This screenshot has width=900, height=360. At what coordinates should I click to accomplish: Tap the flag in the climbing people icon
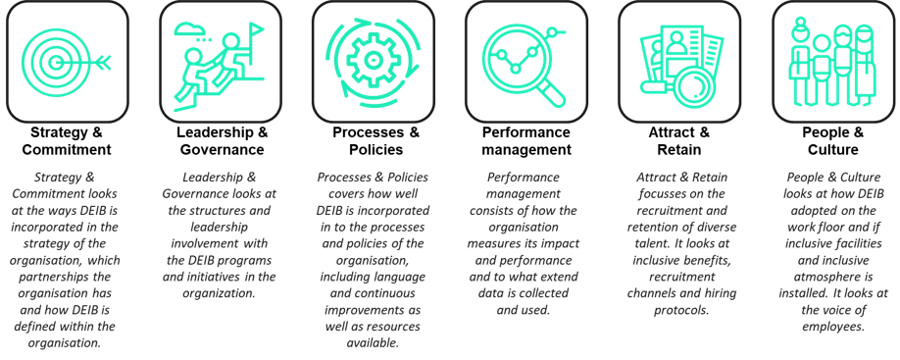(x=256, y=30)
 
